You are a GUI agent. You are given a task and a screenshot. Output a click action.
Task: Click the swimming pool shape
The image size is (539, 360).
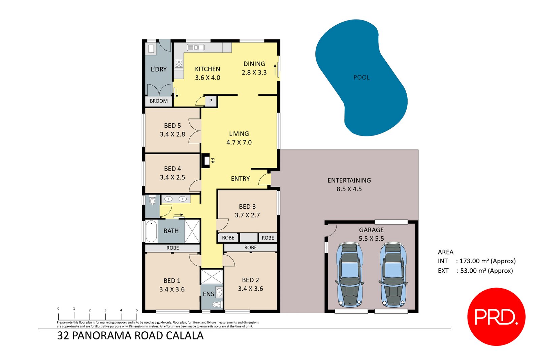point(361,78)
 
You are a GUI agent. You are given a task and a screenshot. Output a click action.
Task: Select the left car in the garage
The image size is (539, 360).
point(350,275)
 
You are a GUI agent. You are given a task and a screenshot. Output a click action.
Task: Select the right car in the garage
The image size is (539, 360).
point(393,275)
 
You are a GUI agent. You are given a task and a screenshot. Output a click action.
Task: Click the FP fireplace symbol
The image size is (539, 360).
point(205,161)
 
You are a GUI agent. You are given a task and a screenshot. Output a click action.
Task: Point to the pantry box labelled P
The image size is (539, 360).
point(211,101)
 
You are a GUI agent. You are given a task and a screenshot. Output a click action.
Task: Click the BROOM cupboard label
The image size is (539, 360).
point(159,101)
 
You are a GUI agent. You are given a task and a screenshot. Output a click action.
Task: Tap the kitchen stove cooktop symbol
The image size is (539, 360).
point(179,63)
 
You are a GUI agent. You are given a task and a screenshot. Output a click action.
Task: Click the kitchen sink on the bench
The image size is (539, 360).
point(196,48)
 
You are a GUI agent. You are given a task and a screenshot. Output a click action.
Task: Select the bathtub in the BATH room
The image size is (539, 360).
point(151,231)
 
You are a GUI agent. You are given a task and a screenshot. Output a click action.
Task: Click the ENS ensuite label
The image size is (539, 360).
point(208,294)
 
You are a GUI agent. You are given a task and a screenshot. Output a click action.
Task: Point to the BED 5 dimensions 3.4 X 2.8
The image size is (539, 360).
point(172,134)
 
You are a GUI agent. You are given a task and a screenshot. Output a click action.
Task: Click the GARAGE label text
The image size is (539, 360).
point(371,230)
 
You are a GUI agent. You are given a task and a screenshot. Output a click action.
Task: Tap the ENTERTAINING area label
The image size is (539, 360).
point(349,180)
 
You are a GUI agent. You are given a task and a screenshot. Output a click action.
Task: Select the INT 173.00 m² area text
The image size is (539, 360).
point(477,261)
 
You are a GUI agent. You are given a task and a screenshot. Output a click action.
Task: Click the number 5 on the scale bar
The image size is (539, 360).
point(137,310)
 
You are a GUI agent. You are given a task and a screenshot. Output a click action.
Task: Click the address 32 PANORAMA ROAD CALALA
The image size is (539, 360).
point(130,336)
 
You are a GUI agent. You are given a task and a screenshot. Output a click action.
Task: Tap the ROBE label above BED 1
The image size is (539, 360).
point(172,248)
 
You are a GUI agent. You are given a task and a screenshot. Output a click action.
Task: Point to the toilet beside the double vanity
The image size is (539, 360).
point(152,201)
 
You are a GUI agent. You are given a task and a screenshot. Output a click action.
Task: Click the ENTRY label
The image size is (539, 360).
point(240,179)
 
